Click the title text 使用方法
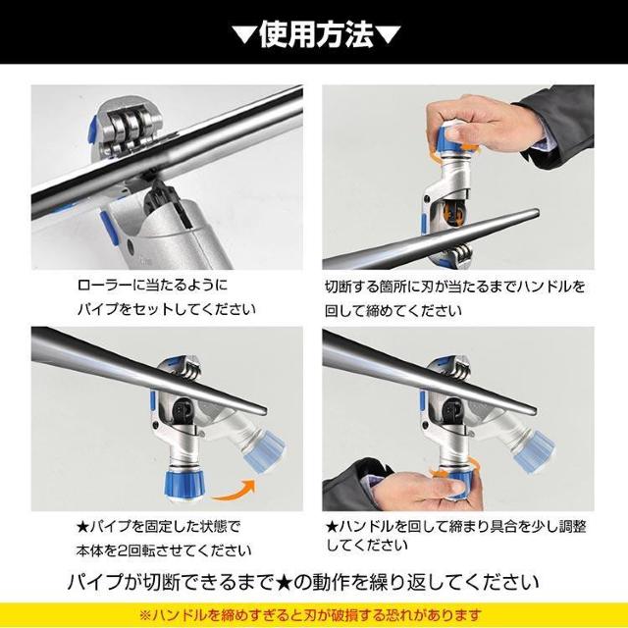[316, 34]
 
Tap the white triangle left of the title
[245, 35]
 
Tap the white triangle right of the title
[389, 35]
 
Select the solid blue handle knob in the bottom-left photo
[183, 484]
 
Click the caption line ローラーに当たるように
[152, 285]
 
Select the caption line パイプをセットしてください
[166, 309]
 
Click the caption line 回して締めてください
[392, 310]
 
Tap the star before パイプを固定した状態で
[82, 526]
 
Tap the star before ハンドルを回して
[332, 526]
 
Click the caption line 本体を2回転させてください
[164, 550]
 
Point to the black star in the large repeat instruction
[284, 582]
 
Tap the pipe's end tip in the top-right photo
[537, 213]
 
